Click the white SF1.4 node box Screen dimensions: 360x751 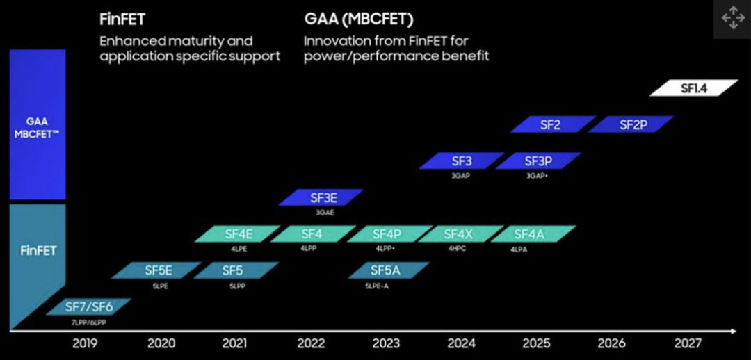[693, 88]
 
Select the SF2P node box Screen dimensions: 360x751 [631, 124]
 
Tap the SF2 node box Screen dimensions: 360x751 [552, 124]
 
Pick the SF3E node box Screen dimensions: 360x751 [321, 197]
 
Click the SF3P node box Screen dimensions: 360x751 [538, 161]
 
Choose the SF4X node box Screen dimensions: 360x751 [458, 234]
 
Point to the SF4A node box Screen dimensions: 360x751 [533, 234]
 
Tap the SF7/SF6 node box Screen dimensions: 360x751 [88, 306]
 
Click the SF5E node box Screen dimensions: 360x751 [158, 270]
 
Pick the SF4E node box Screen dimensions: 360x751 [239, 234]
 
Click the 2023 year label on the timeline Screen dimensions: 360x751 [386, 343]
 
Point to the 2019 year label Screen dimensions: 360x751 [85, 343]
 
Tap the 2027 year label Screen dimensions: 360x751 [688, 343]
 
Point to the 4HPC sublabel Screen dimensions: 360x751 [457, 249]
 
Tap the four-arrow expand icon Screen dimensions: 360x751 [733, 19]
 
